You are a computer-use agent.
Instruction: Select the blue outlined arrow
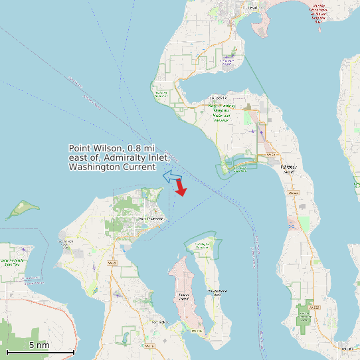[x=173, y=177]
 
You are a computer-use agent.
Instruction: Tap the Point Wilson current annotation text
[x=120, y=158]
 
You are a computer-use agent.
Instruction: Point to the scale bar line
[x=40, y=351]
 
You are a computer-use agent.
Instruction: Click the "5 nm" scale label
[x=39, y=345]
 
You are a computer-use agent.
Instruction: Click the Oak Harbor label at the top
[x=250, y=7]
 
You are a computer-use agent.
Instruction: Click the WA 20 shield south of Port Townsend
[x=112, y=264]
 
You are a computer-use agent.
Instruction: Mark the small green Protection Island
[x=22, y=209]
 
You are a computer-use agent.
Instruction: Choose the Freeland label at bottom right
[x=346, y=347]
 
